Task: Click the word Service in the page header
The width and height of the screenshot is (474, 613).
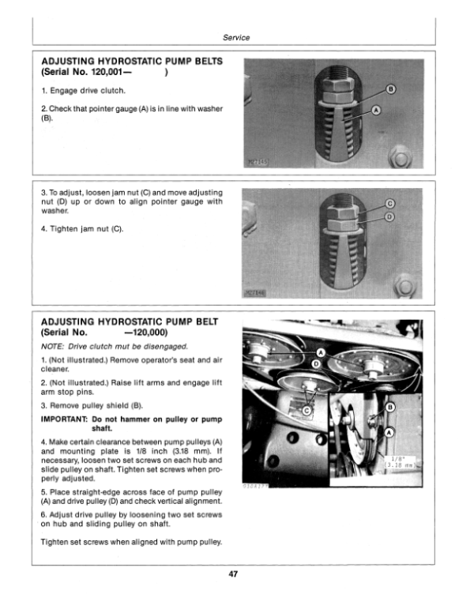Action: coord(237,37)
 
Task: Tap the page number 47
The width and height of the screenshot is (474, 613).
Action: coord(237,574)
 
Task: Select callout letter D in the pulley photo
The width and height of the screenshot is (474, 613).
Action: coord(317,363)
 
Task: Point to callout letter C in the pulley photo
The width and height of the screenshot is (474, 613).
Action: coord(307,411)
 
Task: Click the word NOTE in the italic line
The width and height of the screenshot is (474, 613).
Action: coord(52,346)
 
